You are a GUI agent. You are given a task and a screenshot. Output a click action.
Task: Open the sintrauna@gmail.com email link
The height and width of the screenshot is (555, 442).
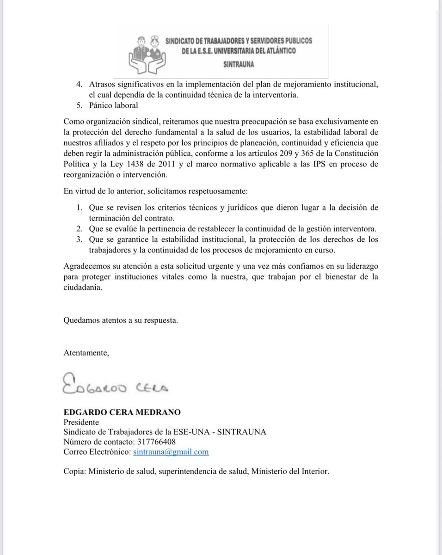click(171, 451)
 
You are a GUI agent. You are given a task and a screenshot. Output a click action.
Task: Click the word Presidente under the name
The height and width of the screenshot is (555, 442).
click(81, 422)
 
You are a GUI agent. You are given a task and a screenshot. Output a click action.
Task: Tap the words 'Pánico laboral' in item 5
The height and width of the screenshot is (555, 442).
click(113, 105)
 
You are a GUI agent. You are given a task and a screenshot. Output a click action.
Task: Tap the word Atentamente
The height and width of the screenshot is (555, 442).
click(86, 353)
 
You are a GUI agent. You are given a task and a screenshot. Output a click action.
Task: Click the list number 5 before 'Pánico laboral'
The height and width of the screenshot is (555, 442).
click(79, 105)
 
